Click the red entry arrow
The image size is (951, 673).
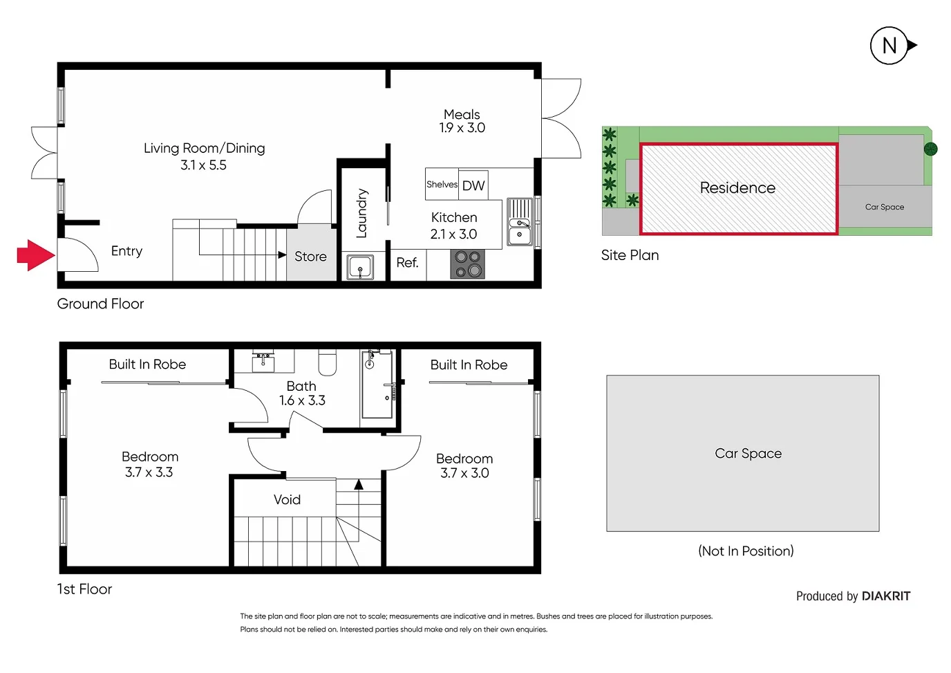pos(35,255)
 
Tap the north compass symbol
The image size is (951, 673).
pos(889,46)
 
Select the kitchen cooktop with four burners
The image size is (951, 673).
pos(467,264)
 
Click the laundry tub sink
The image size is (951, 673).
pos(359,267)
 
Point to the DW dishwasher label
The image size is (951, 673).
pos(473,185)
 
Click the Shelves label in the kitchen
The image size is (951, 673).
pos(442,185)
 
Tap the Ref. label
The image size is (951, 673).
pos(407,263)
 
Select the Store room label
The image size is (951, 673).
pos(310,257)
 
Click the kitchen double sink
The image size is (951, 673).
pos(520,222)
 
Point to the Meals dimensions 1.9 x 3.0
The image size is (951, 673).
pos(462,128)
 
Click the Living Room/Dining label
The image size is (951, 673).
pos(204,148)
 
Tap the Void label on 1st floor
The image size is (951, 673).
pos(287,499)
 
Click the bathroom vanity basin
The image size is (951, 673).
pos(263,360)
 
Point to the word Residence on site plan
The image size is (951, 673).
pos(737,188)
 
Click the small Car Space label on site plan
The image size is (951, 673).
pos(884,207)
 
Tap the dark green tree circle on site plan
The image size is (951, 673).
pos(930,149)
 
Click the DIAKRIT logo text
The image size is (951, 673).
pos(886,596)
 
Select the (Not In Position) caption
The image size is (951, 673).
pos(746,551)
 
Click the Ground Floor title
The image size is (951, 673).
pos(100,304)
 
